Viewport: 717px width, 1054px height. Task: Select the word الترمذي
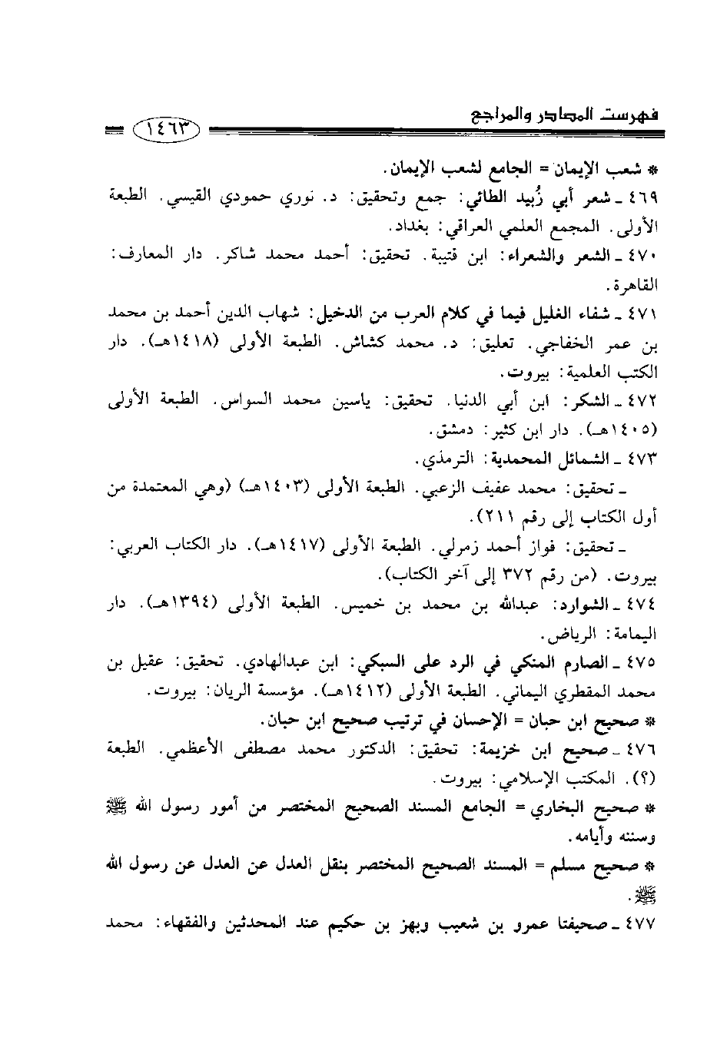pos(450,459)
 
